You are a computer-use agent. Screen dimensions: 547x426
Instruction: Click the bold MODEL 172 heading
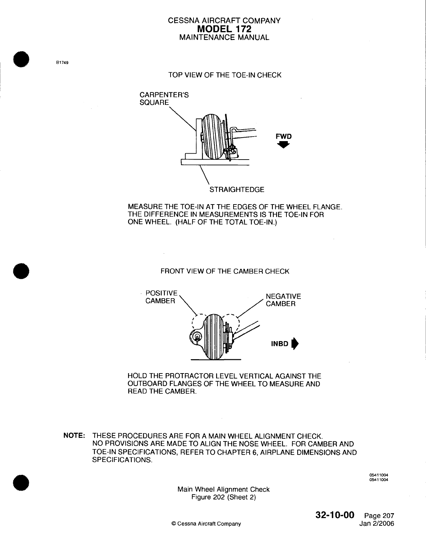(x=224, y=29)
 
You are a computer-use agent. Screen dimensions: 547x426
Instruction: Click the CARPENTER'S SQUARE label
(x=164, y=98)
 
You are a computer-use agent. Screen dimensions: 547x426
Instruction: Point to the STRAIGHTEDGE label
(x=237, y=190)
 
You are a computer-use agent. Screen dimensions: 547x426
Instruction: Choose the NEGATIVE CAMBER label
(x=283, y=300)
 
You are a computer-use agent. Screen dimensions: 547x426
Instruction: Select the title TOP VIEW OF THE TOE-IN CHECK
(x=224, y=75)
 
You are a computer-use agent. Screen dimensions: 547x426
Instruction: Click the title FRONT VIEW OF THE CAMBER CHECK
(x=224, y=271)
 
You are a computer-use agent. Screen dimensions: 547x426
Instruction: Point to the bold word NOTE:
(x=74, y=436)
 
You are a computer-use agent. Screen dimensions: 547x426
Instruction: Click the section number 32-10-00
(x=335, y=515)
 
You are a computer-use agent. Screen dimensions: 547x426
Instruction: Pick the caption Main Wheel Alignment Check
(x=223, y=489)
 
